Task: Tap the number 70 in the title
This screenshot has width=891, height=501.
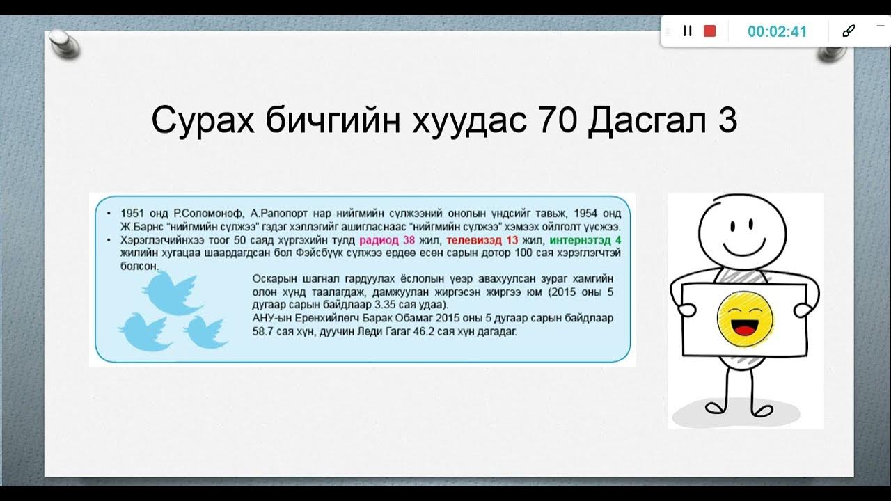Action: click(557, 121)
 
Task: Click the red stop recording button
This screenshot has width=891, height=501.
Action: click(709, 31)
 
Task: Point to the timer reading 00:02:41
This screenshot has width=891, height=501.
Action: click(777, 31)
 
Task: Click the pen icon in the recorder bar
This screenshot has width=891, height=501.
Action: click(848, 31)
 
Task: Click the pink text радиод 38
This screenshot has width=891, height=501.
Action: click(387, 240)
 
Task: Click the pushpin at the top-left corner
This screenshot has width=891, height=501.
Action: click(63, 43)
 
